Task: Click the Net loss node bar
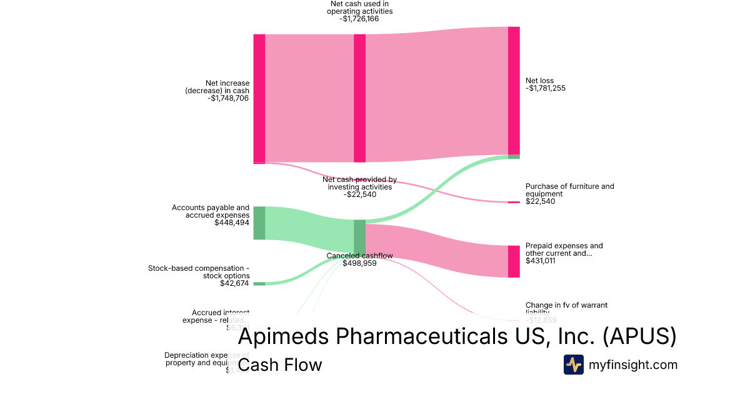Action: tap(514, 91)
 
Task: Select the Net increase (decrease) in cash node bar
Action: tap(259, 99)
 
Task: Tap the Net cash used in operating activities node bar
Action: tap(359, 99)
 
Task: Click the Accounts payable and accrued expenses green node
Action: tap(259, 223)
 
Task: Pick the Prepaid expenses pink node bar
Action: tap(514, 261)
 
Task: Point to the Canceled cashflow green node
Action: tap(359, 236)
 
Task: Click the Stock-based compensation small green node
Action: tap(259, 284)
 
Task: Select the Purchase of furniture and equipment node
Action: tap(514, 202)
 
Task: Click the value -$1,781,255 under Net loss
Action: tap(546, 88)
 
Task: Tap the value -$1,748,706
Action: tap(228, 98)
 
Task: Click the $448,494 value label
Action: tap(231, 223)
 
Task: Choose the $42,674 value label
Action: tap(234, 283)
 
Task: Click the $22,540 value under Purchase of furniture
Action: tap(540, 201)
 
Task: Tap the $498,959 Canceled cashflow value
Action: tap(359, 263)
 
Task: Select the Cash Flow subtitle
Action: tap(280, 365)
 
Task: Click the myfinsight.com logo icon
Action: tap(574, 365)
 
